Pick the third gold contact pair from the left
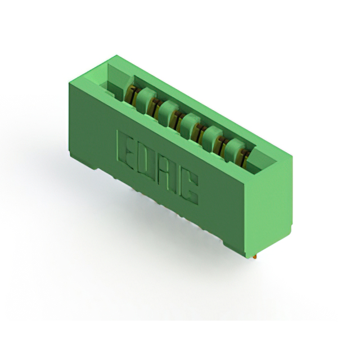point(177,119)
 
